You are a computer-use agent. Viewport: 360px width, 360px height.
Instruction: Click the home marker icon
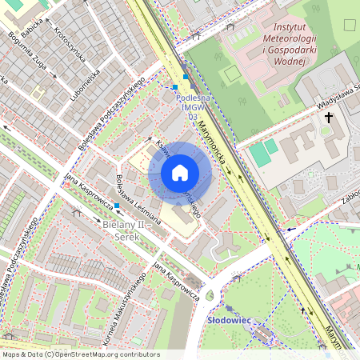coord(180,173)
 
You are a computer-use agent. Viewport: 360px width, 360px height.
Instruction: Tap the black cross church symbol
coord(328,118)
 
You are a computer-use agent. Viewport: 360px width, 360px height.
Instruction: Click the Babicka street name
coord(32,30)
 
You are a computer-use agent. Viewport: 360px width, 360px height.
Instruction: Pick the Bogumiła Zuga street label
coord(26,51)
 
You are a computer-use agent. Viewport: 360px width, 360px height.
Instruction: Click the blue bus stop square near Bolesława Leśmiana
coord(117,206)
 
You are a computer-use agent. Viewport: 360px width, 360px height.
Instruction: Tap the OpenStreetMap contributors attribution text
coord(80,354)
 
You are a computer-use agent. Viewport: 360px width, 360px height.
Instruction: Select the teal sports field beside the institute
coord(261,152)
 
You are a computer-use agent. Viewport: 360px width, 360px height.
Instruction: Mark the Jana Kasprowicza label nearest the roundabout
coord(176,281)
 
